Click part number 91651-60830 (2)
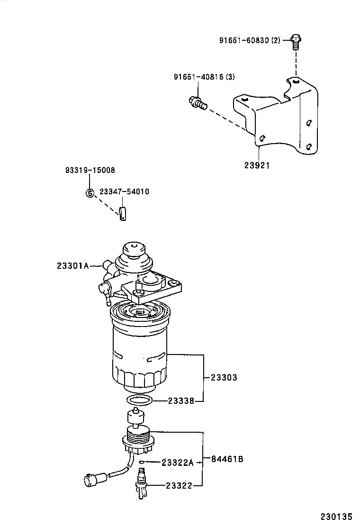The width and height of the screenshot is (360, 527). (250, 40)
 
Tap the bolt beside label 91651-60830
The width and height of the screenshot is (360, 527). (296, 42)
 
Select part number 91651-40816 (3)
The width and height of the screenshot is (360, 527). (204, 77)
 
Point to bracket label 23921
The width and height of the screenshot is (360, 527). (258, 165)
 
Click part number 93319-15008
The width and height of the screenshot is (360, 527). (90, 170)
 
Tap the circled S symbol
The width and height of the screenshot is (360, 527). (90, 192)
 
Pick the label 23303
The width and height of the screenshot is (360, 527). (224, 378)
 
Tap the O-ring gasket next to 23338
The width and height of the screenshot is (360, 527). (141, 401)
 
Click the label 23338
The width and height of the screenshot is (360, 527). (180, 401)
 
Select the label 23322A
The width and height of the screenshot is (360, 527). (178, 462)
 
